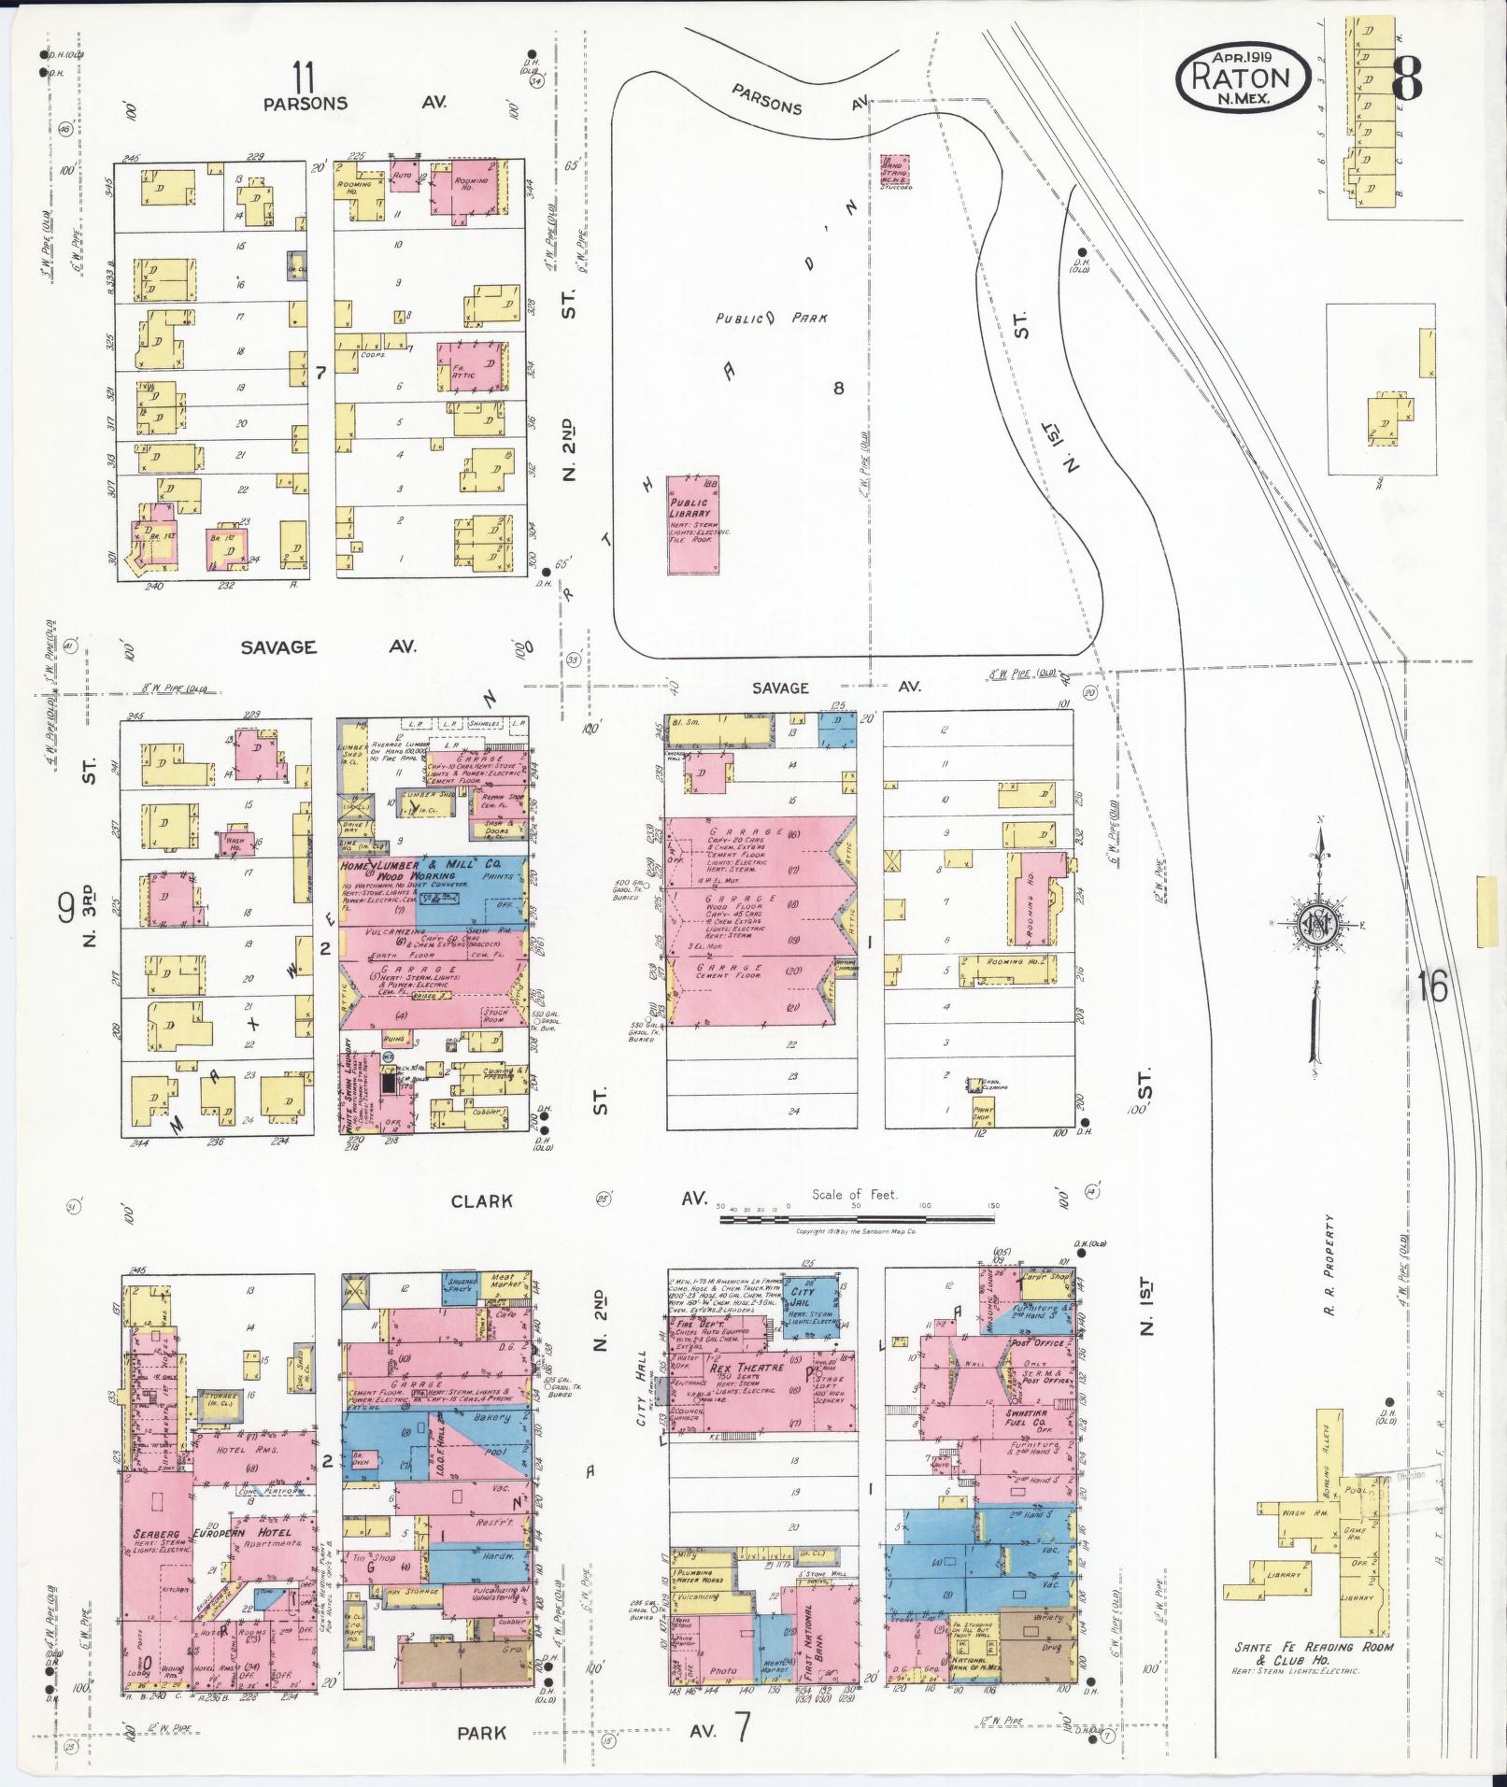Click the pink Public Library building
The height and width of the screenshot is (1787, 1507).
[x=693, y=525]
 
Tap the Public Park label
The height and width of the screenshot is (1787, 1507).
[x=771, y=318]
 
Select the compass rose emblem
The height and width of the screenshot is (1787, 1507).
[x=1318, y=926]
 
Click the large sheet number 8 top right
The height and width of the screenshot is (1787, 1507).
[x=1406, y=76]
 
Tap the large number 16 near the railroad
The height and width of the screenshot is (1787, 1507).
[x=1430, y=986]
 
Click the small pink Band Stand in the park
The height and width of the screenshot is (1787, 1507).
[x=895, y=169]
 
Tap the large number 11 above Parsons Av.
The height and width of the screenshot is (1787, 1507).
[x=302, y=73]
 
